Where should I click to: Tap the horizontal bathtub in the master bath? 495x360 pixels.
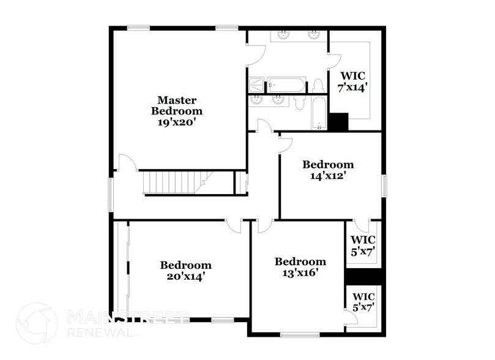point(286,84)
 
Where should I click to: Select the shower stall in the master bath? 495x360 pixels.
point(256,84)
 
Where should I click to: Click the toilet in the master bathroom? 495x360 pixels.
point(318,85)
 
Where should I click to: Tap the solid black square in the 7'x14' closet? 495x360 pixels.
point(338,121)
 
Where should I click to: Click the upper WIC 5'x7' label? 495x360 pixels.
point(363,246)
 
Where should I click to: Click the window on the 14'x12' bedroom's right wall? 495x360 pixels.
point(385,185)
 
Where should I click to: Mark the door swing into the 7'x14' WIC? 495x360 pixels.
point(334,60)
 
